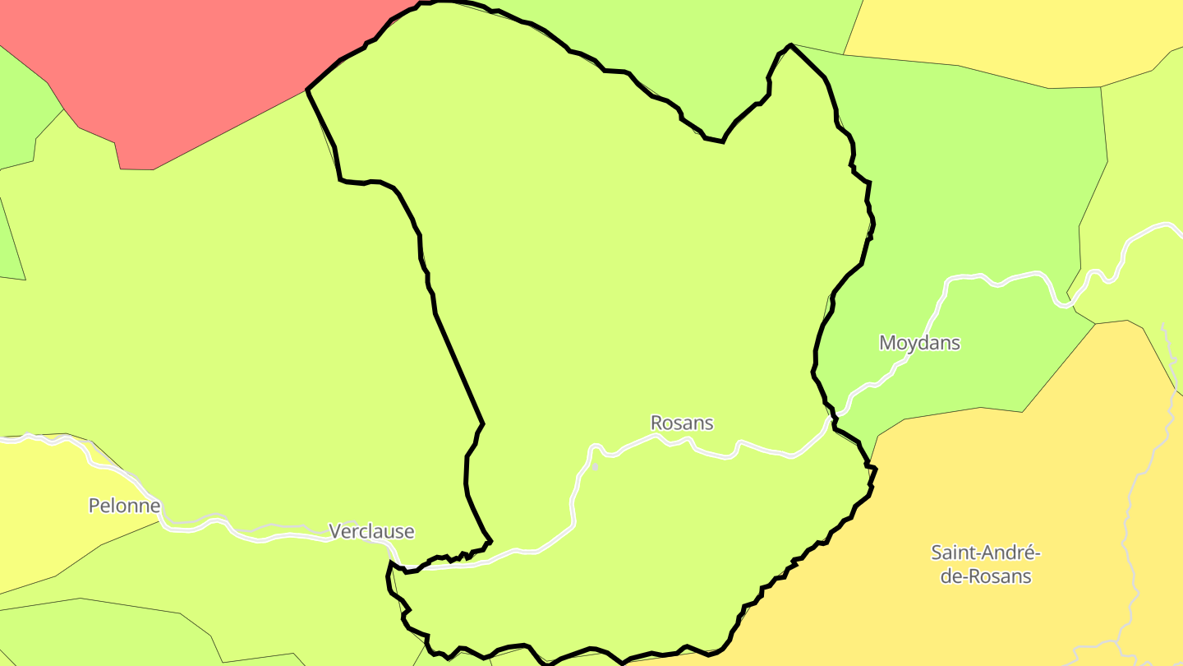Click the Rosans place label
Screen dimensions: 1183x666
682,423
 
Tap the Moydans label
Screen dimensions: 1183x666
919,342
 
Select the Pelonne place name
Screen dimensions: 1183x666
124,505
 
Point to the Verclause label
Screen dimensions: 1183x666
371,531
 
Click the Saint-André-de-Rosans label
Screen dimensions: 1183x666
986,563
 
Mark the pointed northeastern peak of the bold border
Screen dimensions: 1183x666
790,45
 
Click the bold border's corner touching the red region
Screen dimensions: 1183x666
307,89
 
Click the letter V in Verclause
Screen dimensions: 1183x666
335,531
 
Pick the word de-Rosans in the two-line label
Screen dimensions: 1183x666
986,576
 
